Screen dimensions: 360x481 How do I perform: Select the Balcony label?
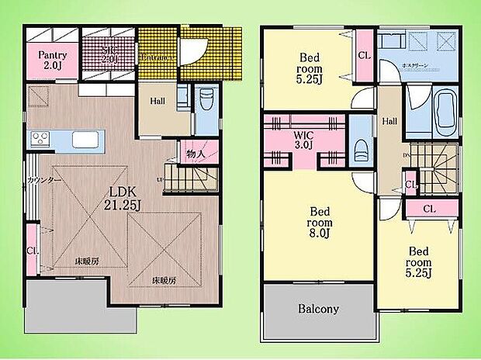click(318, 309)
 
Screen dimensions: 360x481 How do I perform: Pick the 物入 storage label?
click(196, 154)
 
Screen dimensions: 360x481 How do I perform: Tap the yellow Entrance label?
click(156, 58)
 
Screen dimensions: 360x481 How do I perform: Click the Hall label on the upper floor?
click(389, 121)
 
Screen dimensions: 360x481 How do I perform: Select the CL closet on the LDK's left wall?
click(32, 251)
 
